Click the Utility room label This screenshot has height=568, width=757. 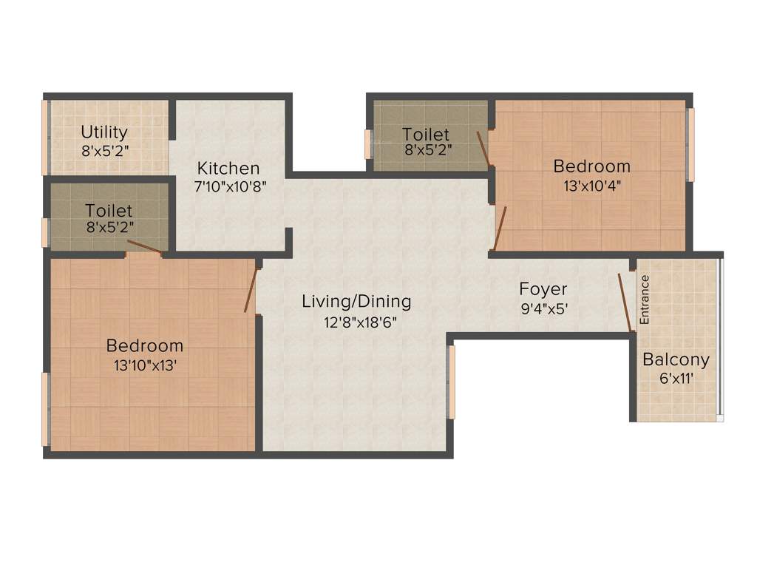click(x=104, y=132)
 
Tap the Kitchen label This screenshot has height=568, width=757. click(x=228, y=168)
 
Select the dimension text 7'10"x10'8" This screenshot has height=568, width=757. click(x=230, y=187)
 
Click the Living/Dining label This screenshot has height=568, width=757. click(x=356, y=302)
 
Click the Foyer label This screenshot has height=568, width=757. click(x=543, y=288)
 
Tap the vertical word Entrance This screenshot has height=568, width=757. click(x=644, y=300)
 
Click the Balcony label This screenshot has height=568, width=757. click(x=676, y=360)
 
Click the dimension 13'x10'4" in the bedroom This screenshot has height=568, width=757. click(x=592, y=186)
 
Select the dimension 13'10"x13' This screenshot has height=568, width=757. click(x=146, y=365)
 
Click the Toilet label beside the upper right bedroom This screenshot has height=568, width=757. click(x=426, y=134)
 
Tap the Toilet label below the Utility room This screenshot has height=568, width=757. click(x=109, y=211)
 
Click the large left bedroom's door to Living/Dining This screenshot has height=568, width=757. click(x=252, y=288)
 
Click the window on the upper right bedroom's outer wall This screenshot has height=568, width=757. click(x=692, y=144)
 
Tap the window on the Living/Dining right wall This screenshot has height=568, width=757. click(x=452, y=382)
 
